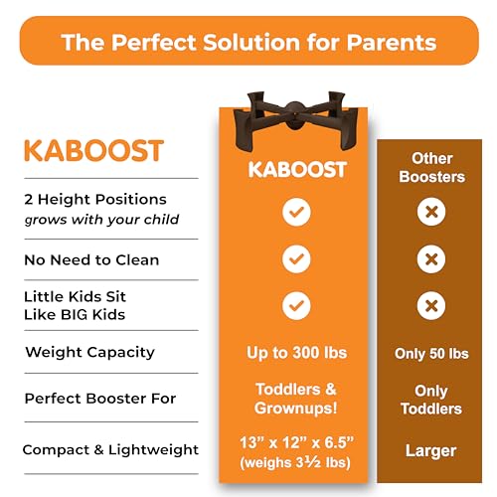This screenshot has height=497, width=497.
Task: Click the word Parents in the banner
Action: (392, 43)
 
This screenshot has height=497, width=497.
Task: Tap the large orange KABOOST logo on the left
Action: (94, 151)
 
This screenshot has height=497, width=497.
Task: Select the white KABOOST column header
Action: (297, 169)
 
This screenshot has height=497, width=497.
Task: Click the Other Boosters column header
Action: (431, 168)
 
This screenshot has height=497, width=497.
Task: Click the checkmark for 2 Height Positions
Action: (296, 212)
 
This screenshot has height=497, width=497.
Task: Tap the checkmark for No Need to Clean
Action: (296, 259)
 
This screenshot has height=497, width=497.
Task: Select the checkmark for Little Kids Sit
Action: (296, 306)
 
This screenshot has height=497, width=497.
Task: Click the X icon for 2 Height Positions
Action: (431, 212)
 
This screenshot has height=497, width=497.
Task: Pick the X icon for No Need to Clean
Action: (431, 259)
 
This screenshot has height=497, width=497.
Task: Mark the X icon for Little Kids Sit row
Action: (431, 306)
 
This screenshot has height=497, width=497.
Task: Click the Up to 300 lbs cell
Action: (297, 353)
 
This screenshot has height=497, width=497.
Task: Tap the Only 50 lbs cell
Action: (431, 354)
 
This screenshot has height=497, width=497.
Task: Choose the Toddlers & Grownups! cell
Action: (296, 399)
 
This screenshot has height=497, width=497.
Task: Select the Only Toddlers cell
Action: (431, 400)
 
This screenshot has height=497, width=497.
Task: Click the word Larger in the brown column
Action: (431, 451)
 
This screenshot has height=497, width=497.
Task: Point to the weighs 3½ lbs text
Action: (295, 462)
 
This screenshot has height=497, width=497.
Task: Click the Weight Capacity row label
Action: (90, 353)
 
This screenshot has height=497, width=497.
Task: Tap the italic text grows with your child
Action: (101, 220)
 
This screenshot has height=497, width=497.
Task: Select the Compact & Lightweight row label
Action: (110, 450)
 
